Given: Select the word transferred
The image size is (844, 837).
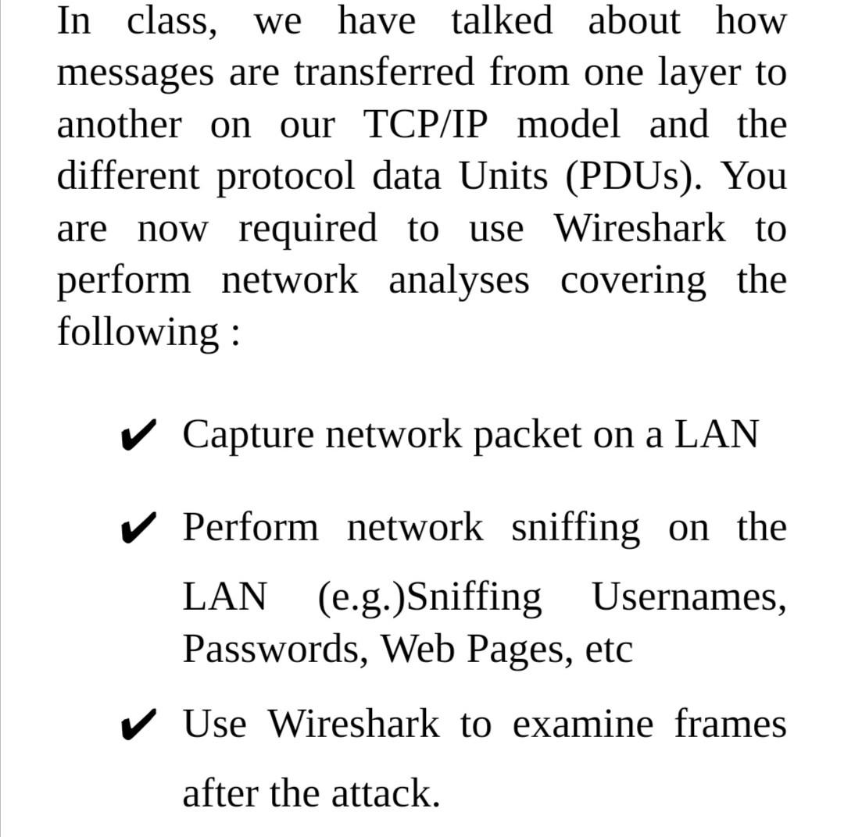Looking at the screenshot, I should click(384, 73).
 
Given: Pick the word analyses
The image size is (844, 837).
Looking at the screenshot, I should click(459, 280).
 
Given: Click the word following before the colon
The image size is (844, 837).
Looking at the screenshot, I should click(138, 332).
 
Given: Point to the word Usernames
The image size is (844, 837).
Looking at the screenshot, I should click(688, 599).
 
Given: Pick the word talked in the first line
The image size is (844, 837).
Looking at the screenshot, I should click(502, 21).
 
